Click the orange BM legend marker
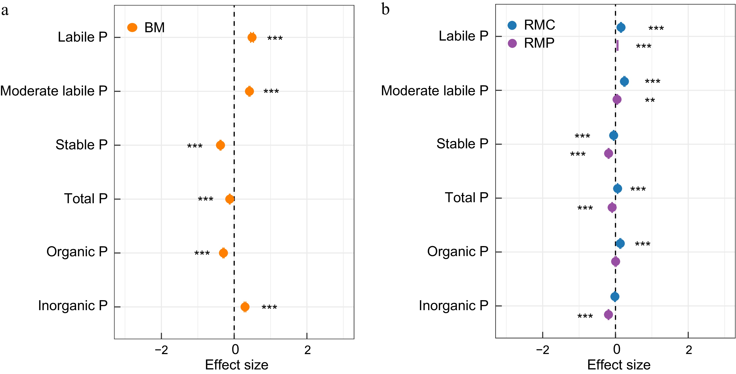coord(132,27)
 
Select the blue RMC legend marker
coord(512,25)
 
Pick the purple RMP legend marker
coord(512,43)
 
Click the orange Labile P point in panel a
coord(252,37)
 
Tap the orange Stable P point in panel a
coord(220,145)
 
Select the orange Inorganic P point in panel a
coord(245,307)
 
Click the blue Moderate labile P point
coord(624,81)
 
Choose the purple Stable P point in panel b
coord(609,153)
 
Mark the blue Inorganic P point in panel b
coord(615,297)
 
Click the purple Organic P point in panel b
coord(616,261)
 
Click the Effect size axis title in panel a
coord(237,365)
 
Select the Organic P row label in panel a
coord(77,252)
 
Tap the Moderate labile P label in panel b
coord(435,91)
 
